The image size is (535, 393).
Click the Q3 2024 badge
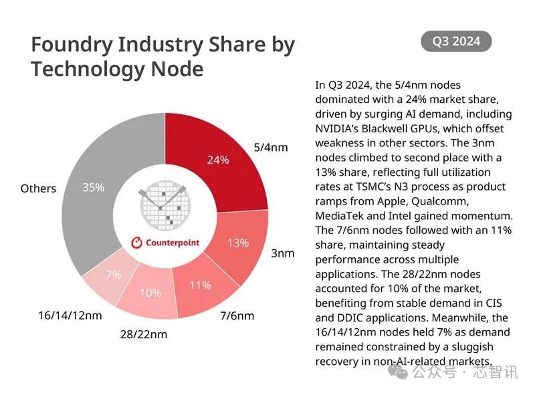(456, 41)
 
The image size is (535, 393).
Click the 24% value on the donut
(218, 160)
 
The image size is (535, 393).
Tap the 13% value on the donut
(237, 243)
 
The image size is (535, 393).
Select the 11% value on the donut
(201, 285)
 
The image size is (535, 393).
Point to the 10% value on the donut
(150, 293)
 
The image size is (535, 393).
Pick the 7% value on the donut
(112, 275)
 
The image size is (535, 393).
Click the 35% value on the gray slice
(93, 188)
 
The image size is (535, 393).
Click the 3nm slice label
(282, 254)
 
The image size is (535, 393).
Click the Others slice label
(38, 188)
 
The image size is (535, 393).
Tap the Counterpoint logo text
(172, 243)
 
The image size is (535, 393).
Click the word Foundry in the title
(72, 45)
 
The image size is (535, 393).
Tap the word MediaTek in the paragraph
(339, 216)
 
